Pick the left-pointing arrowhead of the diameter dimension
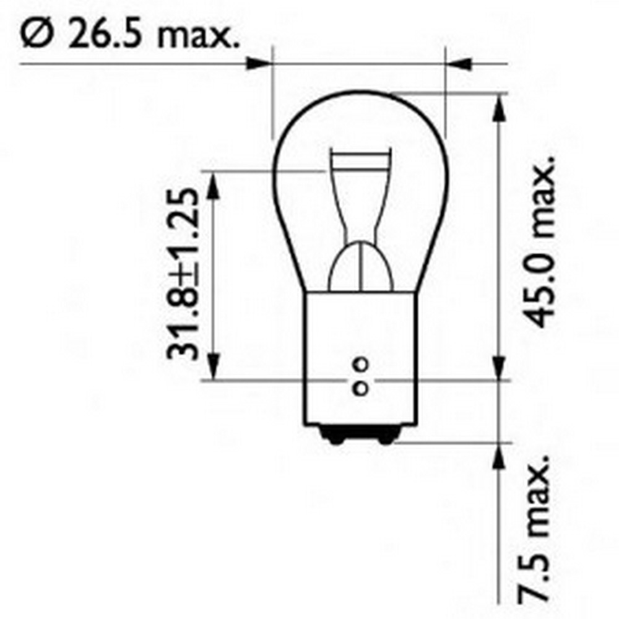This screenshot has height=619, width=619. coord(459,63)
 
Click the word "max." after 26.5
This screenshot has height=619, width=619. coord(197,37)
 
